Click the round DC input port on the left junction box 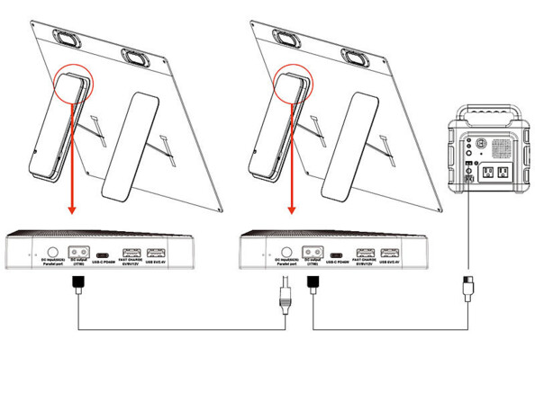pyautogui.click(x=51, y=254)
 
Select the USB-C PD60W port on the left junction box pyautogui.click(x=105, y=254)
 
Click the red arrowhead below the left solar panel pyautogui.click(x=69, y=213)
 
